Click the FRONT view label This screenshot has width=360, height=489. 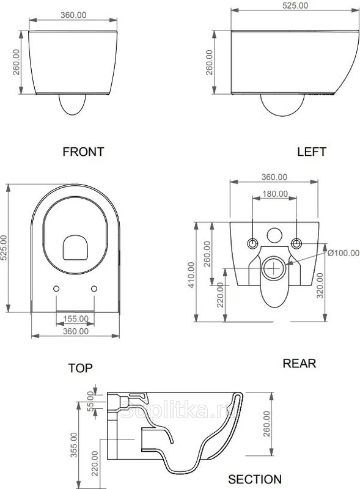click(x=83, y=152)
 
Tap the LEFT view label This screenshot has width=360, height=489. click(x=312, y=152)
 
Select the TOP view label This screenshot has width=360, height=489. click(x=81, y=368)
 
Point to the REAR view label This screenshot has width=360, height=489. click(x=299, y=363)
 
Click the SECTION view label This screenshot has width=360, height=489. click(x=255, y=479)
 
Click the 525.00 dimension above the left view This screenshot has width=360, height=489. click(x=295, y=6)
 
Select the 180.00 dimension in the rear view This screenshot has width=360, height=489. click(x=275, y=194)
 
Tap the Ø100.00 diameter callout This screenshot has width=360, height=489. click(x=343, y=252)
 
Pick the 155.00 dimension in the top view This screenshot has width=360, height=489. click(x=76, y=318)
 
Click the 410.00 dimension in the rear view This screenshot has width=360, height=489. click(x=191, y=274)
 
